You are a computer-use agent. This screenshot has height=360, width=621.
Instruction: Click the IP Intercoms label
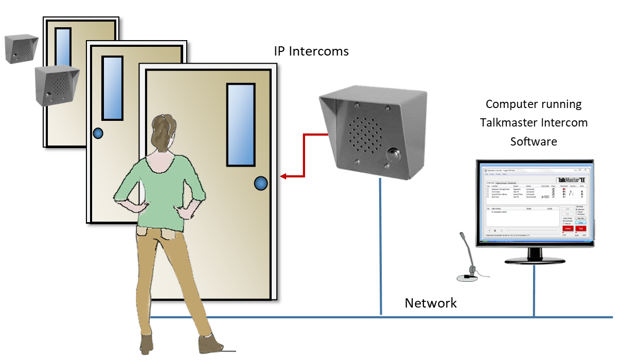coord(311,51)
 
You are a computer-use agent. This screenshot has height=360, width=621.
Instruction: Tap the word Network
coord(431,303)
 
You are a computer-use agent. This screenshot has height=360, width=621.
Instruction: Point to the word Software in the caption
coord(534,141)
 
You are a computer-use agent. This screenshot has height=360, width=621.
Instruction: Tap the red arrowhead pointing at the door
coord(283,176)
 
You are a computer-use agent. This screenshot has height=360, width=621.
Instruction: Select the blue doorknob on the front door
coord(261,183)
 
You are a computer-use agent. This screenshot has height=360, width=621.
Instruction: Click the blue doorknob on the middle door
coord(98,134)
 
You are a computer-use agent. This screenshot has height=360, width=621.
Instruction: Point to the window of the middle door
coord(112,88)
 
